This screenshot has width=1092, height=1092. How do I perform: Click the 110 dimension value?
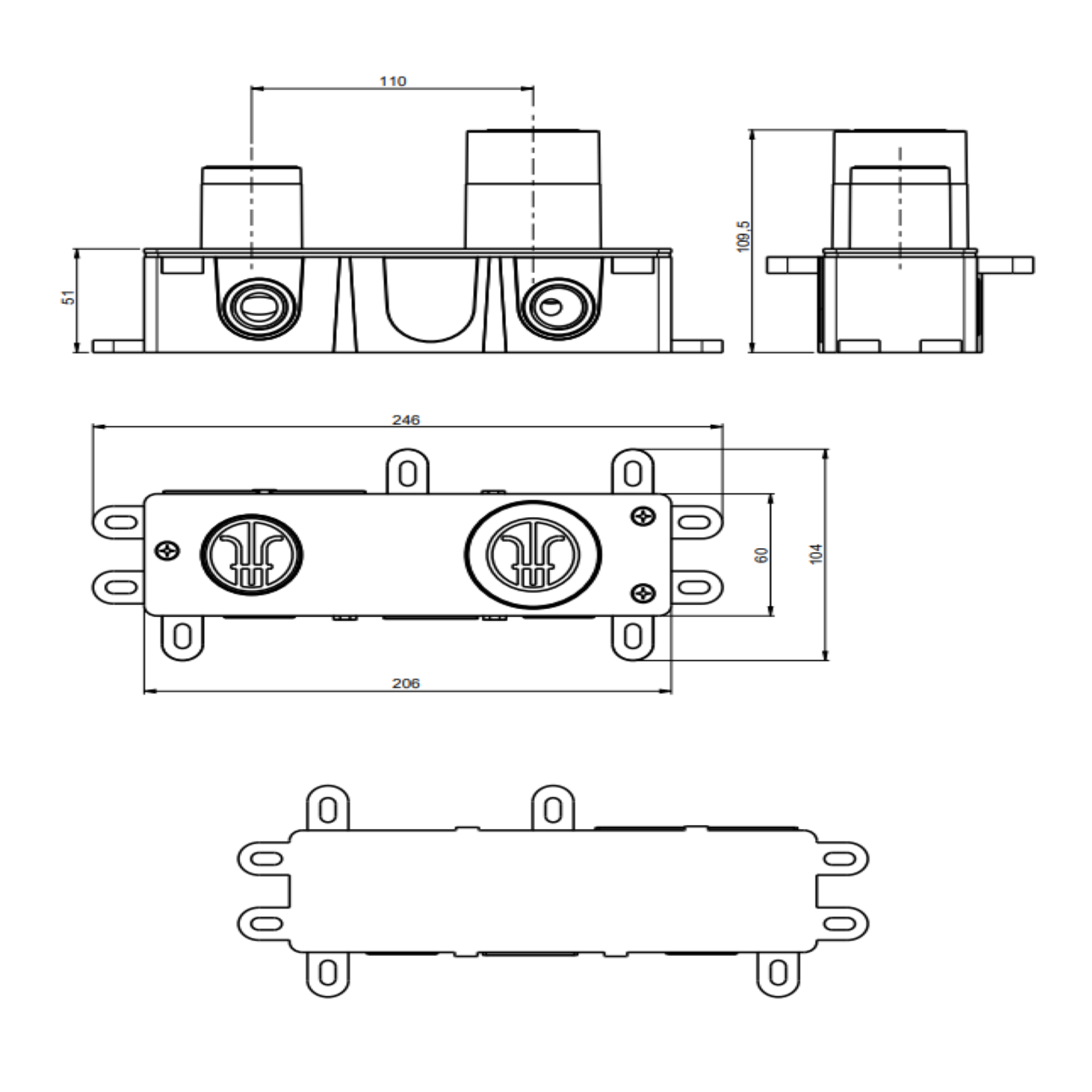coord(393,82)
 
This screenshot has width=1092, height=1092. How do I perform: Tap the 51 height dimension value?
coord(69,297)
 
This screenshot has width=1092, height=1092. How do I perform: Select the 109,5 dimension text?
coord(744,236)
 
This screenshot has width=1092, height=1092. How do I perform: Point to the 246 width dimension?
coord(406,420)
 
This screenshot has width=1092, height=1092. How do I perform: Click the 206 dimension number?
coord(406,683)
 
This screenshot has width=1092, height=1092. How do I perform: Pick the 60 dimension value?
coord(762,555)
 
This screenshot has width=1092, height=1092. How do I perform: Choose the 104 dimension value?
coord(816,554)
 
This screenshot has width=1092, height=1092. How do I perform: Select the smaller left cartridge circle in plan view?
coord(252,555)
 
